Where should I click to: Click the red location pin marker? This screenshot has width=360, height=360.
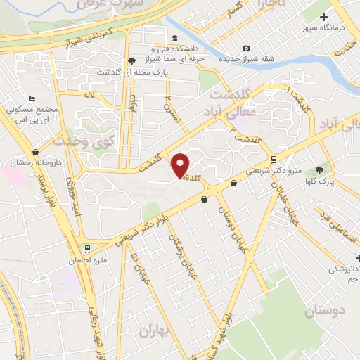click(x=181, y=165)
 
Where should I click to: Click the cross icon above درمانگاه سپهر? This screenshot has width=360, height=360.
click(x=323, y=17)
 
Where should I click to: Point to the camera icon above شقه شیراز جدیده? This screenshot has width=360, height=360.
click(x=246, y=48)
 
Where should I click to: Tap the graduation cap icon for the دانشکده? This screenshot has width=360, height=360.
click(x=174, y=39)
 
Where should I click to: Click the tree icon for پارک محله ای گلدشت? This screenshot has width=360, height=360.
click(x=131, y=61)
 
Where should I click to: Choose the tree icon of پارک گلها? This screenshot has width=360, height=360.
click(x=320, y=170)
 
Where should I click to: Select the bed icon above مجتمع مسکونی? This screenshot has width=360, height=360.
click(x=30, y=99)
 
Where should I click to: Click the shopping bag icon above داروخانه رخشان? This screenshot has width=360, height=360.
click(x=36, y=152)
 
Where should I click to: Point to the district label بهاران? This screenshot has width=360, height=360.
click(x=155, y=330)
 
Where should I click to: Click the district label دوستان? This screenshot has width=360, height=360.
click(x=327, y=309)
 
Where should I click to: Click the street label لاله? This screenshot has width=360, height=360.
click(x=88, y=94)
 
